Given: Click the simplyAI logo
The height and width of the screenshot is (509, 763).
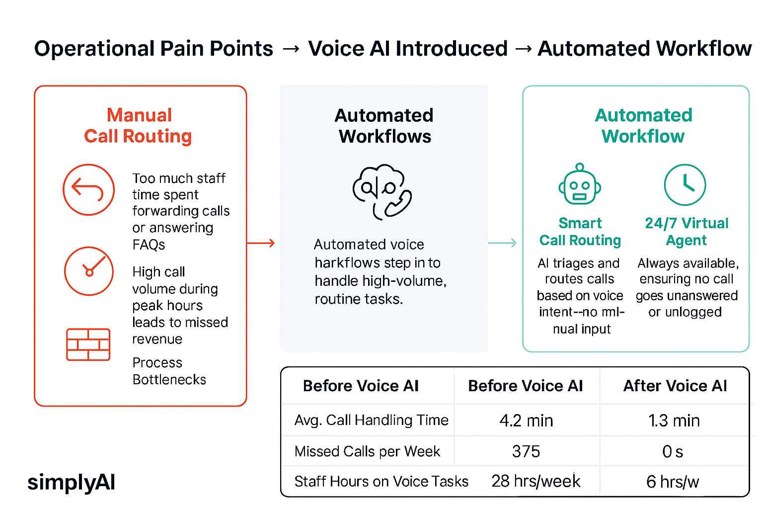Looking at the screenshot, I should (71, 482).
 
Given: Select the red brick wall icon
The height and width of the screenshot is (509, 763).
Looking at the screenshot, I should (88, 344).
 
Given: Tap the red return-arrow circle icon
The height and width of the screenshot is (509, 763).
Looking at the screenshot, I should (88, 190).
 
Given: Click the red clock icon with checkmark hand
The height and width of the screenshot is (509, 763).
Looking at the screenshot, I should (89, 271).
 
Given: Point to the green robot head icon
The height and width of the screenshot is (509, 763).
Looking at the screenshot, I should (579, 184).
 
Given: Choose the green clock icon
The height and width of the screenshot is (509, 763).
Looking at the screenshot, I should (685, 185).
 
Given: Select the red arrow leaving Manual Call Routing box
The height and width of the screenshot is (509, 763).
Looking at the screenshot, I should (261, 243).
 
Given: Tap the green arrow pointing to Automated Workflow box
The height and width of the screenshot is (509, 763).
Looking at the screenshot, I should (503, 243).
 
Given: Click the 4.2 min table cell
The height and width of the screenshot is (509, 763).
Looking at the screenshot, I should (526, 421).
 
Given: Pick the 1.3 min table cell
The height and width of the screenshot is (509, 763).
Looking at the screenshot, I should (674, 421).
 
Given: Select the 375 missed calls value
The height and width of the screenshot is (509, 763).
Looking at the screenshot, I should (526, 451).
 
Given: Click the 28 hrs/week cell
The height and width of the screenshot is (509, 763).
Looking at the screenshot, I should (536, 481).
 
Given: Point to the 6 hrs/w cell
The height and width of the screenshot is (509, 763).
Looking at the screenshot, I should (673, 482).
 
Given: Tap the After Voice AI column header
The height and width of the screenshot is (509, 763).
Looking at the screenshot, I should (675, 386).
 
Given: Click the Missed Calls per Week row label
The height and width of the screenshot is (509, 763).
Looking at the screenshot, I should (367, 451).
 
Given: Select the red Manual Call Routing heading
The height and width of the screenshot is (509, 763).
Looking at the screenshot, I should (139, 126).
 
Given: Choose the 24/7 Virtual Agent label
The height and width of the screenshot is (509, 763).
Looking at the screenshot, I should (687, 232).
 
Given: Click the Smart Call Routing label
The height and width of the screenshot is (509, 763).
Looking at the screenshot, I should (580, 232).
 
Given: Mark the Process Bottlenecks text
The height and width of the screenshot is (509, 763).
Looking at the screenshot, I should (169, 371).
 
